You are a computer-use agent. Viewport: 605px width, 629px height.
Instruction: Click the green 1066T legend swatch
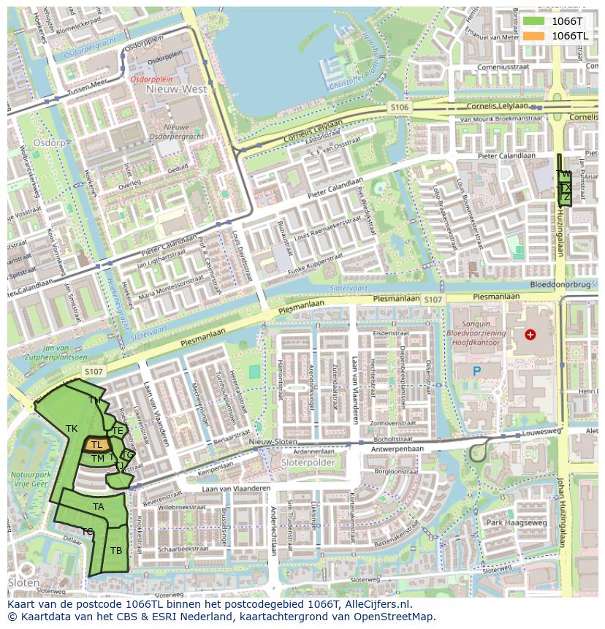point(533,21)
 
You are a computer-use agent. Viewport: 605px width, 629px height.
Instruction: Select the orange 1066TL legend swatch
point(533,36)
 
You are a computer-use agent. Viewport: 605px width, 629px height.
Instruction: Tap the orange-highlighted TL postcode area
point(96,444)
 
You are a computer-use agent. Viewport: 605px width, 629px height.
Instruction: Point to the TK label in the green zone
point(72,428)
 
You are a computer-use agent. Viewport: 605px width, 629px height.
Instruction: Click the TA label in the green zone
point(99,506)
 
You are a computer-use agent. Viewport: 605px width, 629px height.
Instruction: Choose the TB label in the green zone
point(116,550)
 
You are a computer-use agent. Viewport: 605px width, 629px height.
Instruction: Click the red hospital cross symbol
point(530,335)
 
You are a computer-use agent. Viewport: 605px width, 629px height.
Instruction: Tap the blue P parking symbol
point(476,371)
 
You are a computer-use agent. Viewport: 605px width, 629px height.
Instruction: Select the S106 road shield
point(400,107)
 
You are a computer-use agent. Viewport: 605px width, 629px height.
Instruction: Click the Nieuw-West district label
point(176,89)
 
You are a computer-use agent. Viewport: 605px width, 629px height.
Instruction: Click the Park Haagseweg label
point(517,522)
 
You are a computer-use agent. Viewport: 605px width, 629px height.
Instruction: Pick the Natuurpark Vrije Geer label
point(29,479)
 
